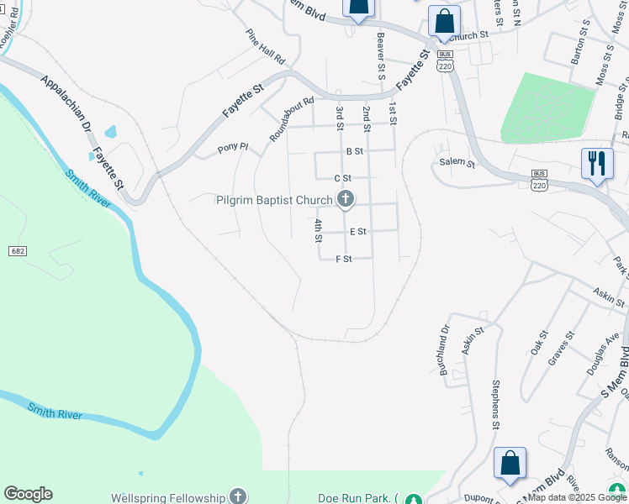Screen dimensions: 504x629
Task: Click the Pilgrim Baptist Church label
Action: coord(275,199)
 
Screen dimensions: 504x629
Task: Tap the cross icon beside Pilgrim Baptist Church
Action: coord(345,199)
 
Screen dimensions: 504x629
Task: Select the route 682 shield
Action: coord(17,251)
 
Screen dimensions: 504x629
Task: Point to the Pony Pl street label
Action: coord(233,147)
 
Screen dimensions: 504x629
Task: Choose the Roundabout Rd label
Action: coord(292,120)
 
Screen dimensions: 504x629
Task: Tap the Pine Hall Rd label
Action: coord(266,48)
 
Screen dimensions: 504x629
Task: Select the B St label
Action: coord(354,152)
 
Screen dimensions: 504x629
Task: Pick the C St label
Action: coord(342,178)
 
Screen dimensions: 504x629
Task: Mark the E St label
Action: coord(358,232)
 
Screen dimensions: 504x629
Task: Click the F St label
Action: coord(343,259)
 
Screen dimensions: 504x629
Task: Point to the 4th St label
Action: coord(319,230)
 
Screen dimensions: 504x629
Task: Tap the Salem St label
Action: coord(457,164)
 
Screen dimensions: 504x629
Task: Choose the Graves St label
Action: coord(561,348)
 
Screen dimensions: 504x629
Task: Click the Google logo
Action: coord(28,494)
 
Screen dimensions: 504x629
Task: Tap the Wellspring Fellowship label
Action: coord(168,497)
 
